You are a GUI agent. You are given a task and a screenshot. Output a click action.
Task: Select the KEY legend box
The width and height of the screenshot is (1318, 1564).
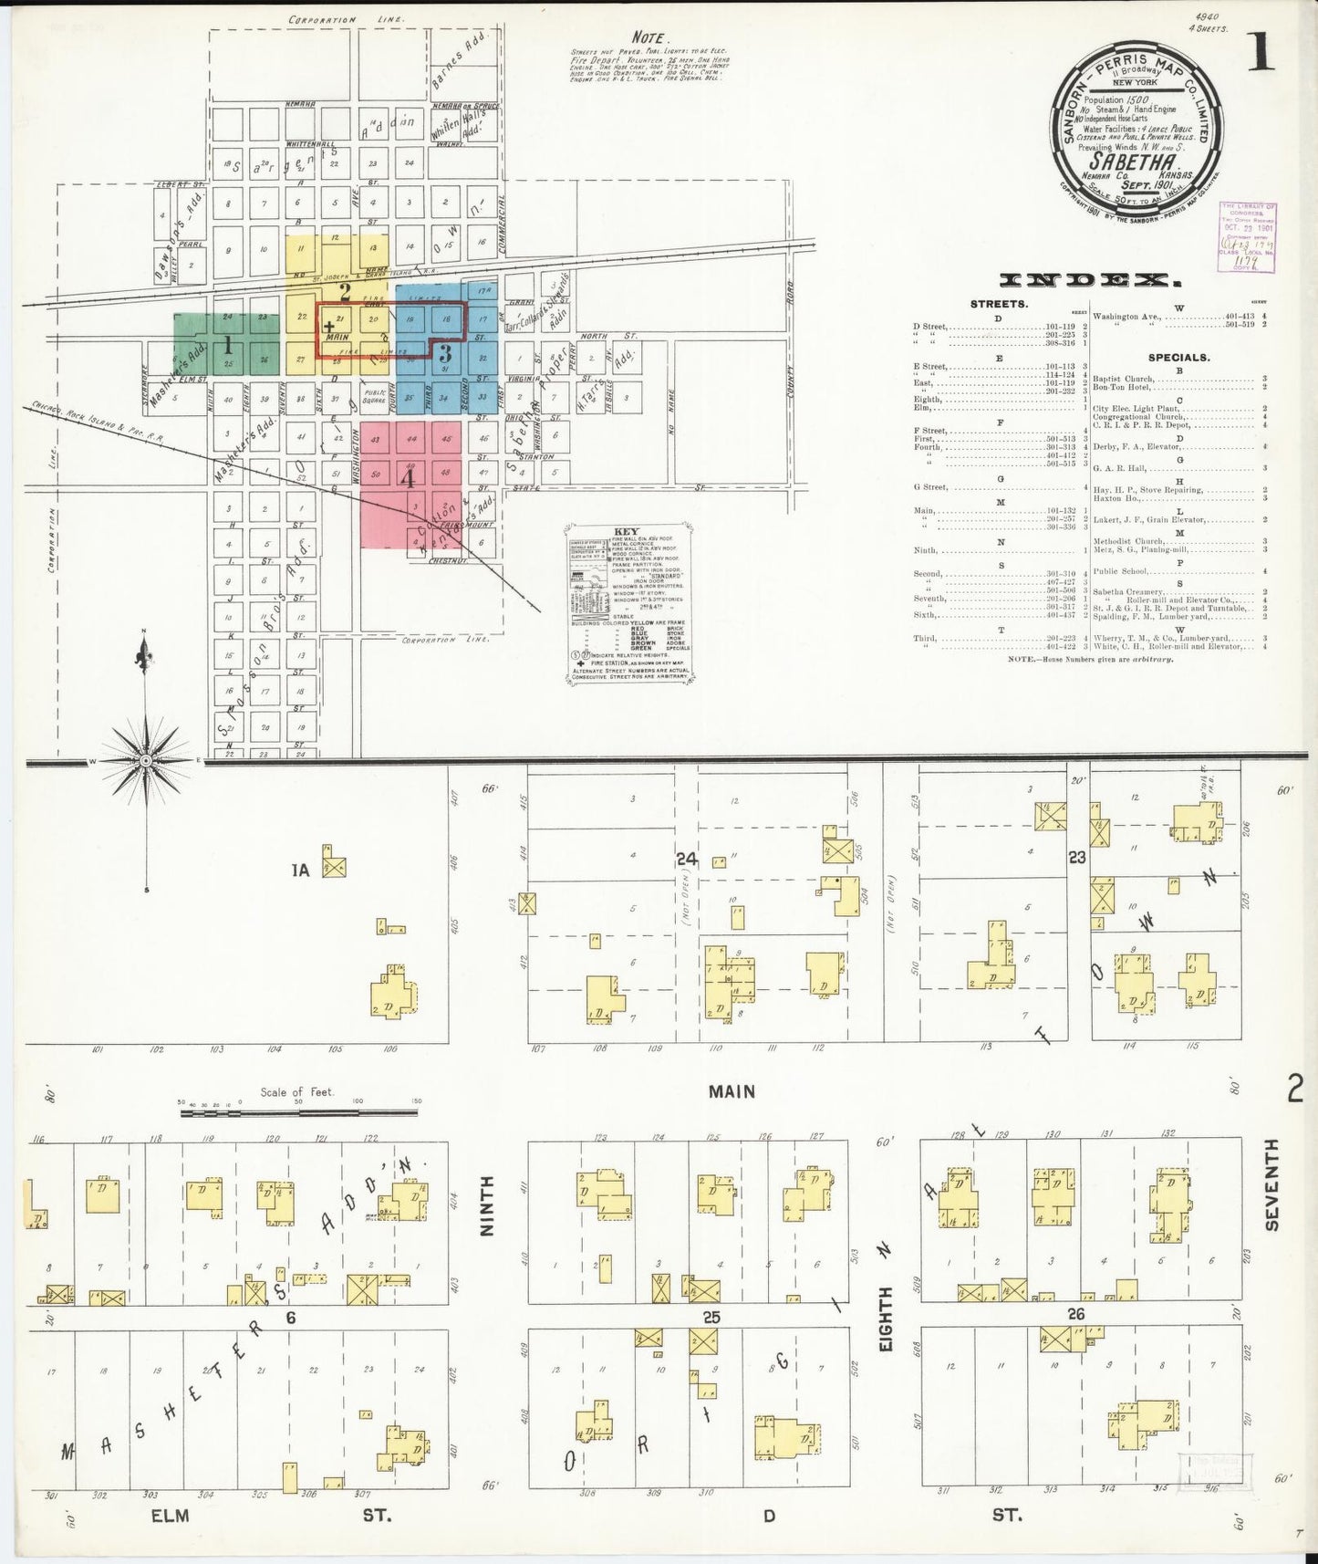tap(628, 602)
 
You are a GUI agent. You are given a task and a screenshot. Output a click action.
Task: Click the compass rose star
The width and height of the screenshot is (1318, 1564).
tap(144, 759)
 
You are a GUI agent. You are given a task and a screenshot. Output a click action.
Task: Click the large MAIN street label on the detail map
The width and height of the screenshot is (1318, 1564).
tap(732, 1091)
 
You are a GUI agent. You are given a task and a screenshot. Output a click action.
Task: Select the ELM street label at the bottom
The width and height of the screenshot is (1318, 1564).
tap(169, 1516)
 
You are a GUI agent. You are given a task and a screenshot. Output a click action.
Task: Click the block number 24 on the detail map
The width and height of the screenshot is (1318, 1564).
tap(688, 859)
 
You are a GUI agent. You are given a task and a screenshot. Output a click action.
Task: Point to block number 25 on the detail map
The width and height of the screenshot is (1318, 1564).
tap(711, 1317)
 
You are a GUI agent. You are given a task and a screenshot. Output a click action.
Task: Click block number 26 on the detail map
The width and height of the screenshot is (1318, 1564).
tap(1077, 1314)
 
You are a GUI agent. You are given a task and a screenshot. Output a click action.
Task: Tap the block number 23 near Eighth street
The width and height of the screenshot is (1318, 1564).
tap(1077, 857)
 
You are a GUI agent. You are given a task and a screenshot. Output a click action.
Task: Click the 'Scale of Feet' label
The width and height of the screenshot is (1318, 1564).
tap(296, 1092)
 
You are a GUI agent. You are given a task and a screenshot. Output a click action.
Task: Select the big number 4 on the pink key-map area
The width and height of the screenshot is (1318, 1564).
tap(408, 477)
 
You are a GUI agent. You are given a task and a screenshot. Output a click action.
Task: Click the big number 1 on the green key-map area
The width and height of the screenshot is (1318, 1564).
tap(227, 346)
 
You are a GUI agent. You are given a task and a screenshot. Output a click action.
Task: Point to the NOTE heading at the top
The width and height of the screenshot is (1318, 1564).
tap(649, 39)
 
